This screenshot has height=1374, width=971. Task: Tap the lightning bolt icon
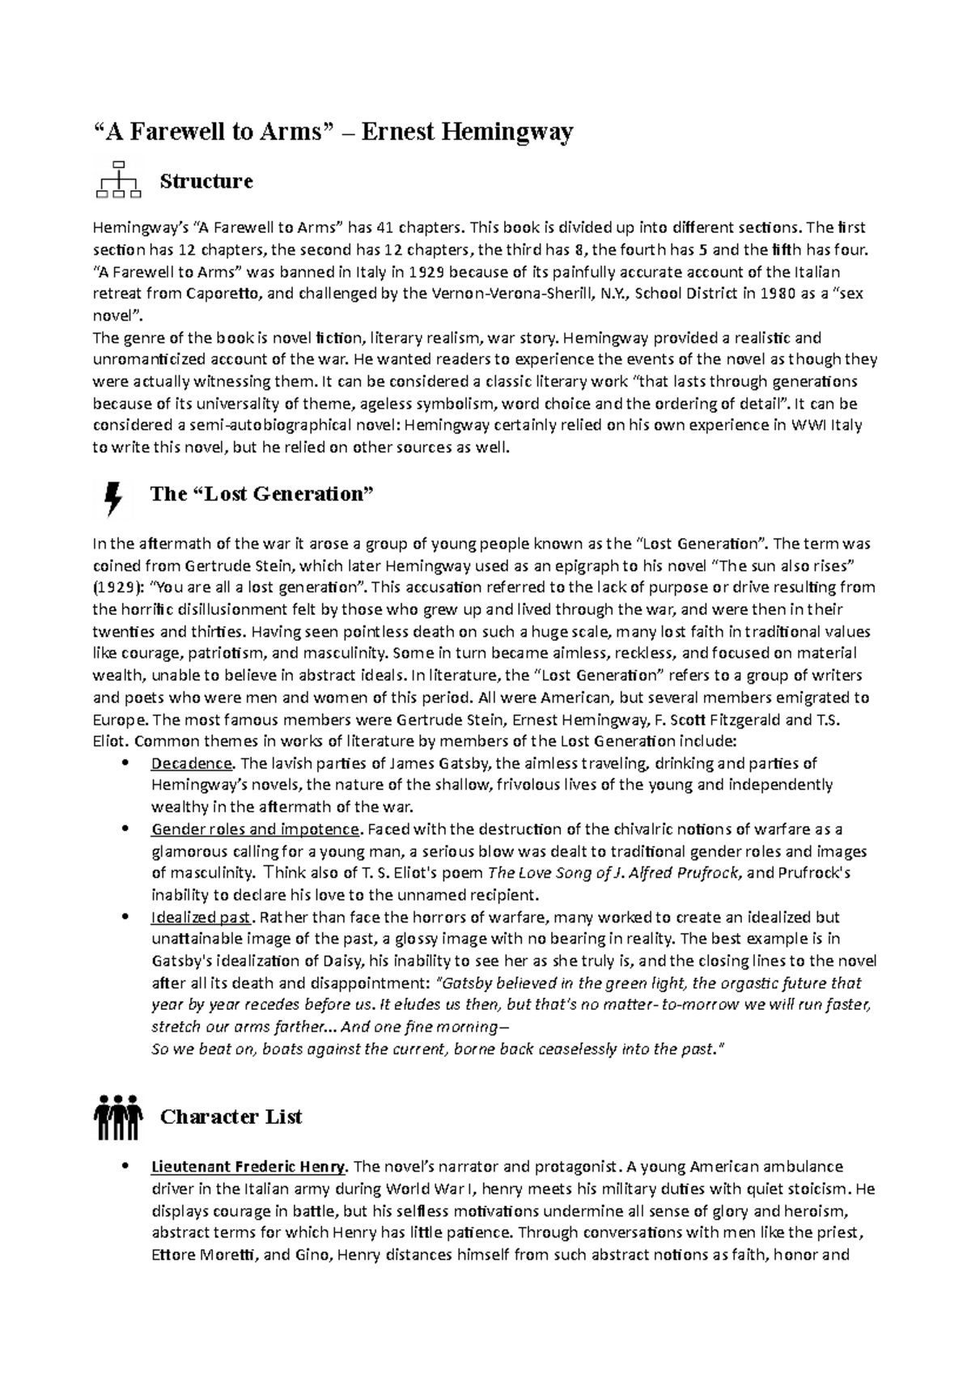point(114,498)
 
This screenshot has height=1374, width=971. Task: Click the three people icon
point(118,1117)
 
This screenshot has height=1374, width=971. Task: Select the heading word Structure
point(206,181)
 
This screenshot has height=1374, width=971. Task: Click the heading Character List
point(231,1117)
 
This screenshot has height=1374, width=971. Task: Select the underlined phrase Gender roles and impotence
point(255,829)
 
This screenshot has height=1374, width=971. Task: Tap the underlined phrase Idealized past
point(202,918)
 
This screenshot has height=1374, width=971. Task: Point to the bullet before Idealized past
point(124,918)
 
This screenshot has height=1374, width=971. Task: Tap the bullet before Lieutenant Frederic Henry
point(124,1167)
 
